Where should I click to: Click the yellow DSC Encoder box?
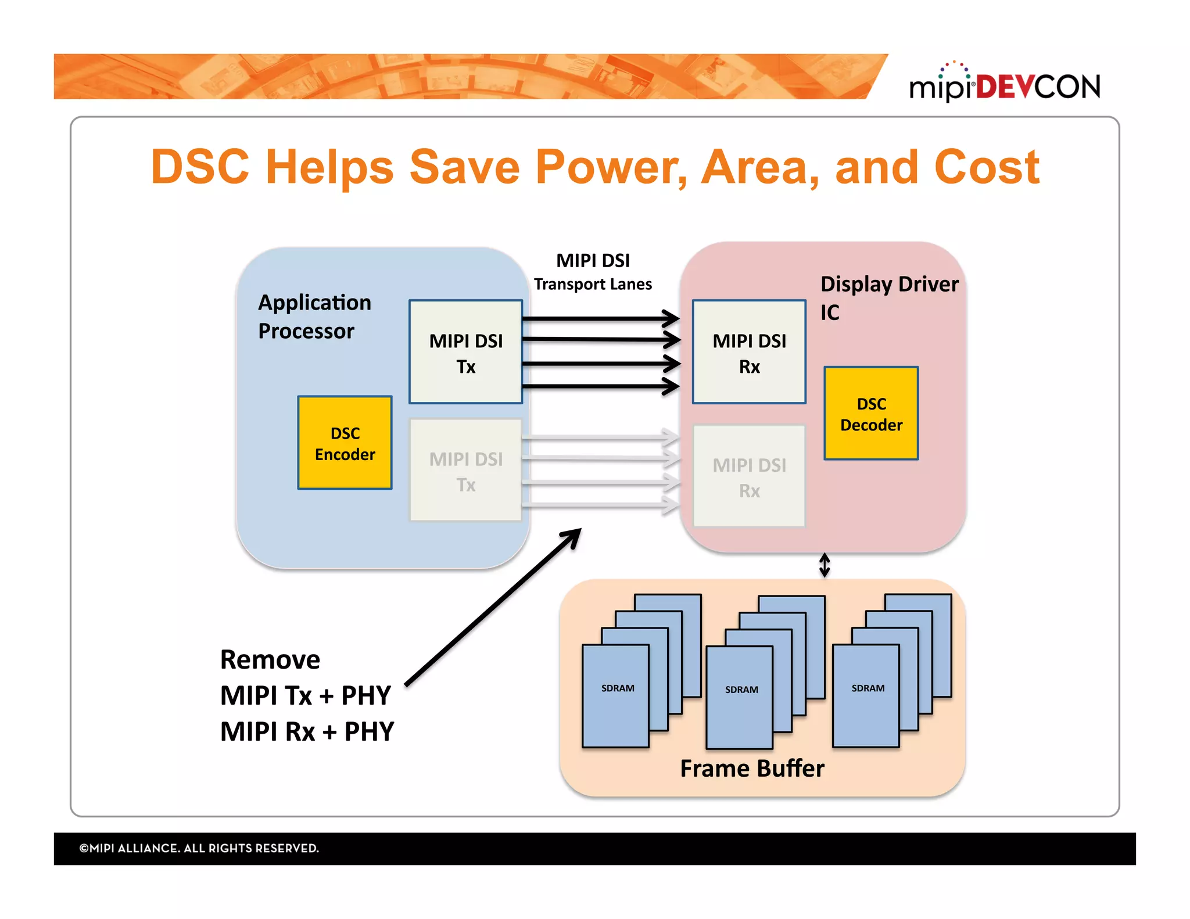click(345, 443)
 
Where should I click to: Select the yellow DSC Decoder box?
click(870, 414)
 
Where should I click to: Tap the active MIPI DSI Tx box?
click(465, 352)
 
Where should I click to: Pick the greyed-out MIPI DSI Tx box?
click(465, 471)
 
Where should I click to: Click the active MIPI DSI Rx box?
click(748, 352)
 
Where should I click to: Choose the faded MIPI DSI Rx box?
click(748, 476)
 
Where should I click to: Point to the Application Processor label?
click(314, 316)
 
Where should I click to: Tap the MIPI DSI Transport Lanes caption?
click(593, 271)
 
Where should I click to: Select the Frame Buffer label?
click(752, 768)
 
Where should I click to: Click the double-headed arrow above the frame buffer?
click(824, 565)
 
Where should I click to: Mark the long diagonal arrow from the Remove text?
click(493, 607)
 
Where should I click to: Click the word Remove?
click(270, 659)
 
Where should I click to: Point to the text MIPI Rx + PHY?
click(307, 731)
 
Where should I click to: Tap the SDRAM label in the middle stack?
click(741, 690)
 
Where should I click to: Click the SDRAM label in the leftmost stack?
click(617, 688)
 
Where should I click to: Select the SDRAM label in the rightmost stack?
click(868, 688)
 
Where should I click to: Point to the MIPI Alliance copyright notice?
click(199, 848)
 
